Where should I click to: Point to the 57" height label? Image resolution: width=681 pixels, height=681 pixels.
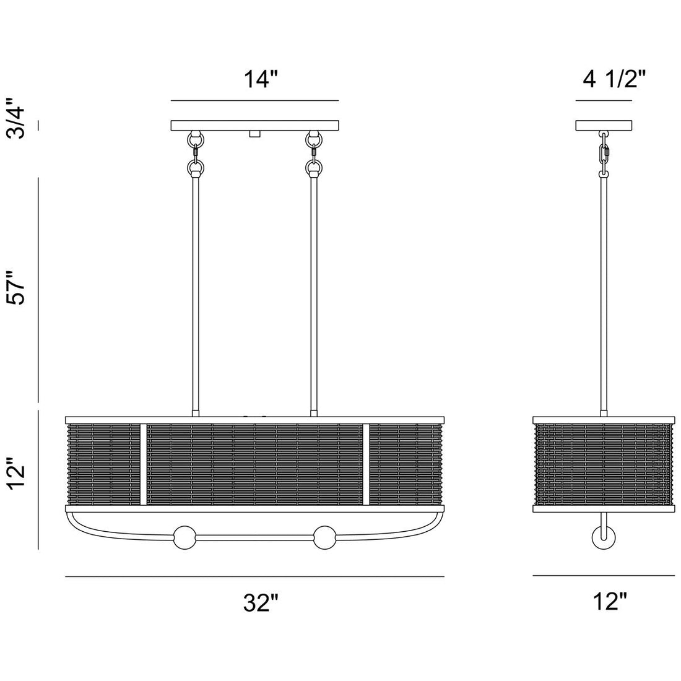click(x=19, y=286)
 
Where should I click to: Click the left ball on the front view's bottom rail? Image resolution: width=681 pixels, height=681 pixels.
click(x=184, y=537)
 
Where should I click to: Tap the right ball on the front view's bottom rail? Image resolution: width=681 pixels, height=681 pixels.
click(x=324, y=537)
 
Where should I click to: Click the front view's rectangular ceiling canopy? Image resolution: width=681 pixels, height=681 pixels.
click(x=254, y=125)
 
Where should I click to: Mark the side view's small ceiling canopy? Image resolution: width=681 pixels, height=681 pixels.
click(x=604, y=125)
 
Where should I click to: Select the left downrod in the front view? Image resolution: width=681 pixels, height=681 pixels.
click(x=196, y=291)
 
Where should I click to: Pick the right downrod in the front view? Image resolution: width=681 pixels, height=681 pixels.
click(x=313, y=291)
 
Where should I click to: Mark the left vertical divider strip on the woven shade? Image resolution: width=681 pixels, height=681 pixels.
click(x=143, y=464)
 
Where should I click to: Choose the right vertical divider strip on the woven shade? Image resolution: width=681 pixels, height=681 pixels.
click(x=366, y=464)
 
